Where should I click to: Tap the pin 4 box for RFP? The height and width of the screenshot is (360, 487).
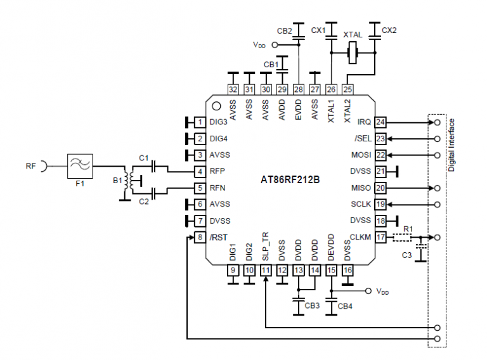[x=200, y=171]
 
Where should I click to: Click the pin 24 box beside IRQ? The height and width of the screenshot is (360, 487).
[x=380, y=122]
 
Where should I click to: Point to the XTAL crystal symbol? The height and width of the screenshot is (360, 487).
[x=354, y=54]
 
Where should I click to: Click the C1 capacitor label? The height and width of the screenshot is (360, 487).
[x=143, y=158]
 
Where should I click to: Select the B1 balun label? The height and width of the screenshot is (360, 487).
[x=117, y=181]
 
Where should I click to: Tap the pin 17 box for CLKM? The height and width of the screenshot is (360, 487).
[x=380, y=238]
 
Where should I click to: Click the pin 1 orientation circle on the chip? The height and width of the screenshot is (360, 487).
[x=216, y=106]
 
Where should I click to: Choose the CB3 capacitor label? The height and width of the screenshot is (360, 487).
[x=312, y=305]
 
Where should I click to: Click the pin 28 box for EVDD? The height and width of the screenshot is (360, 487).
[x=298, y=89]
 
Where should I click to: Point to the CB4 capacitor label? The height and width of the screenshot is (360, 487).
[x=346, y=306]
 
